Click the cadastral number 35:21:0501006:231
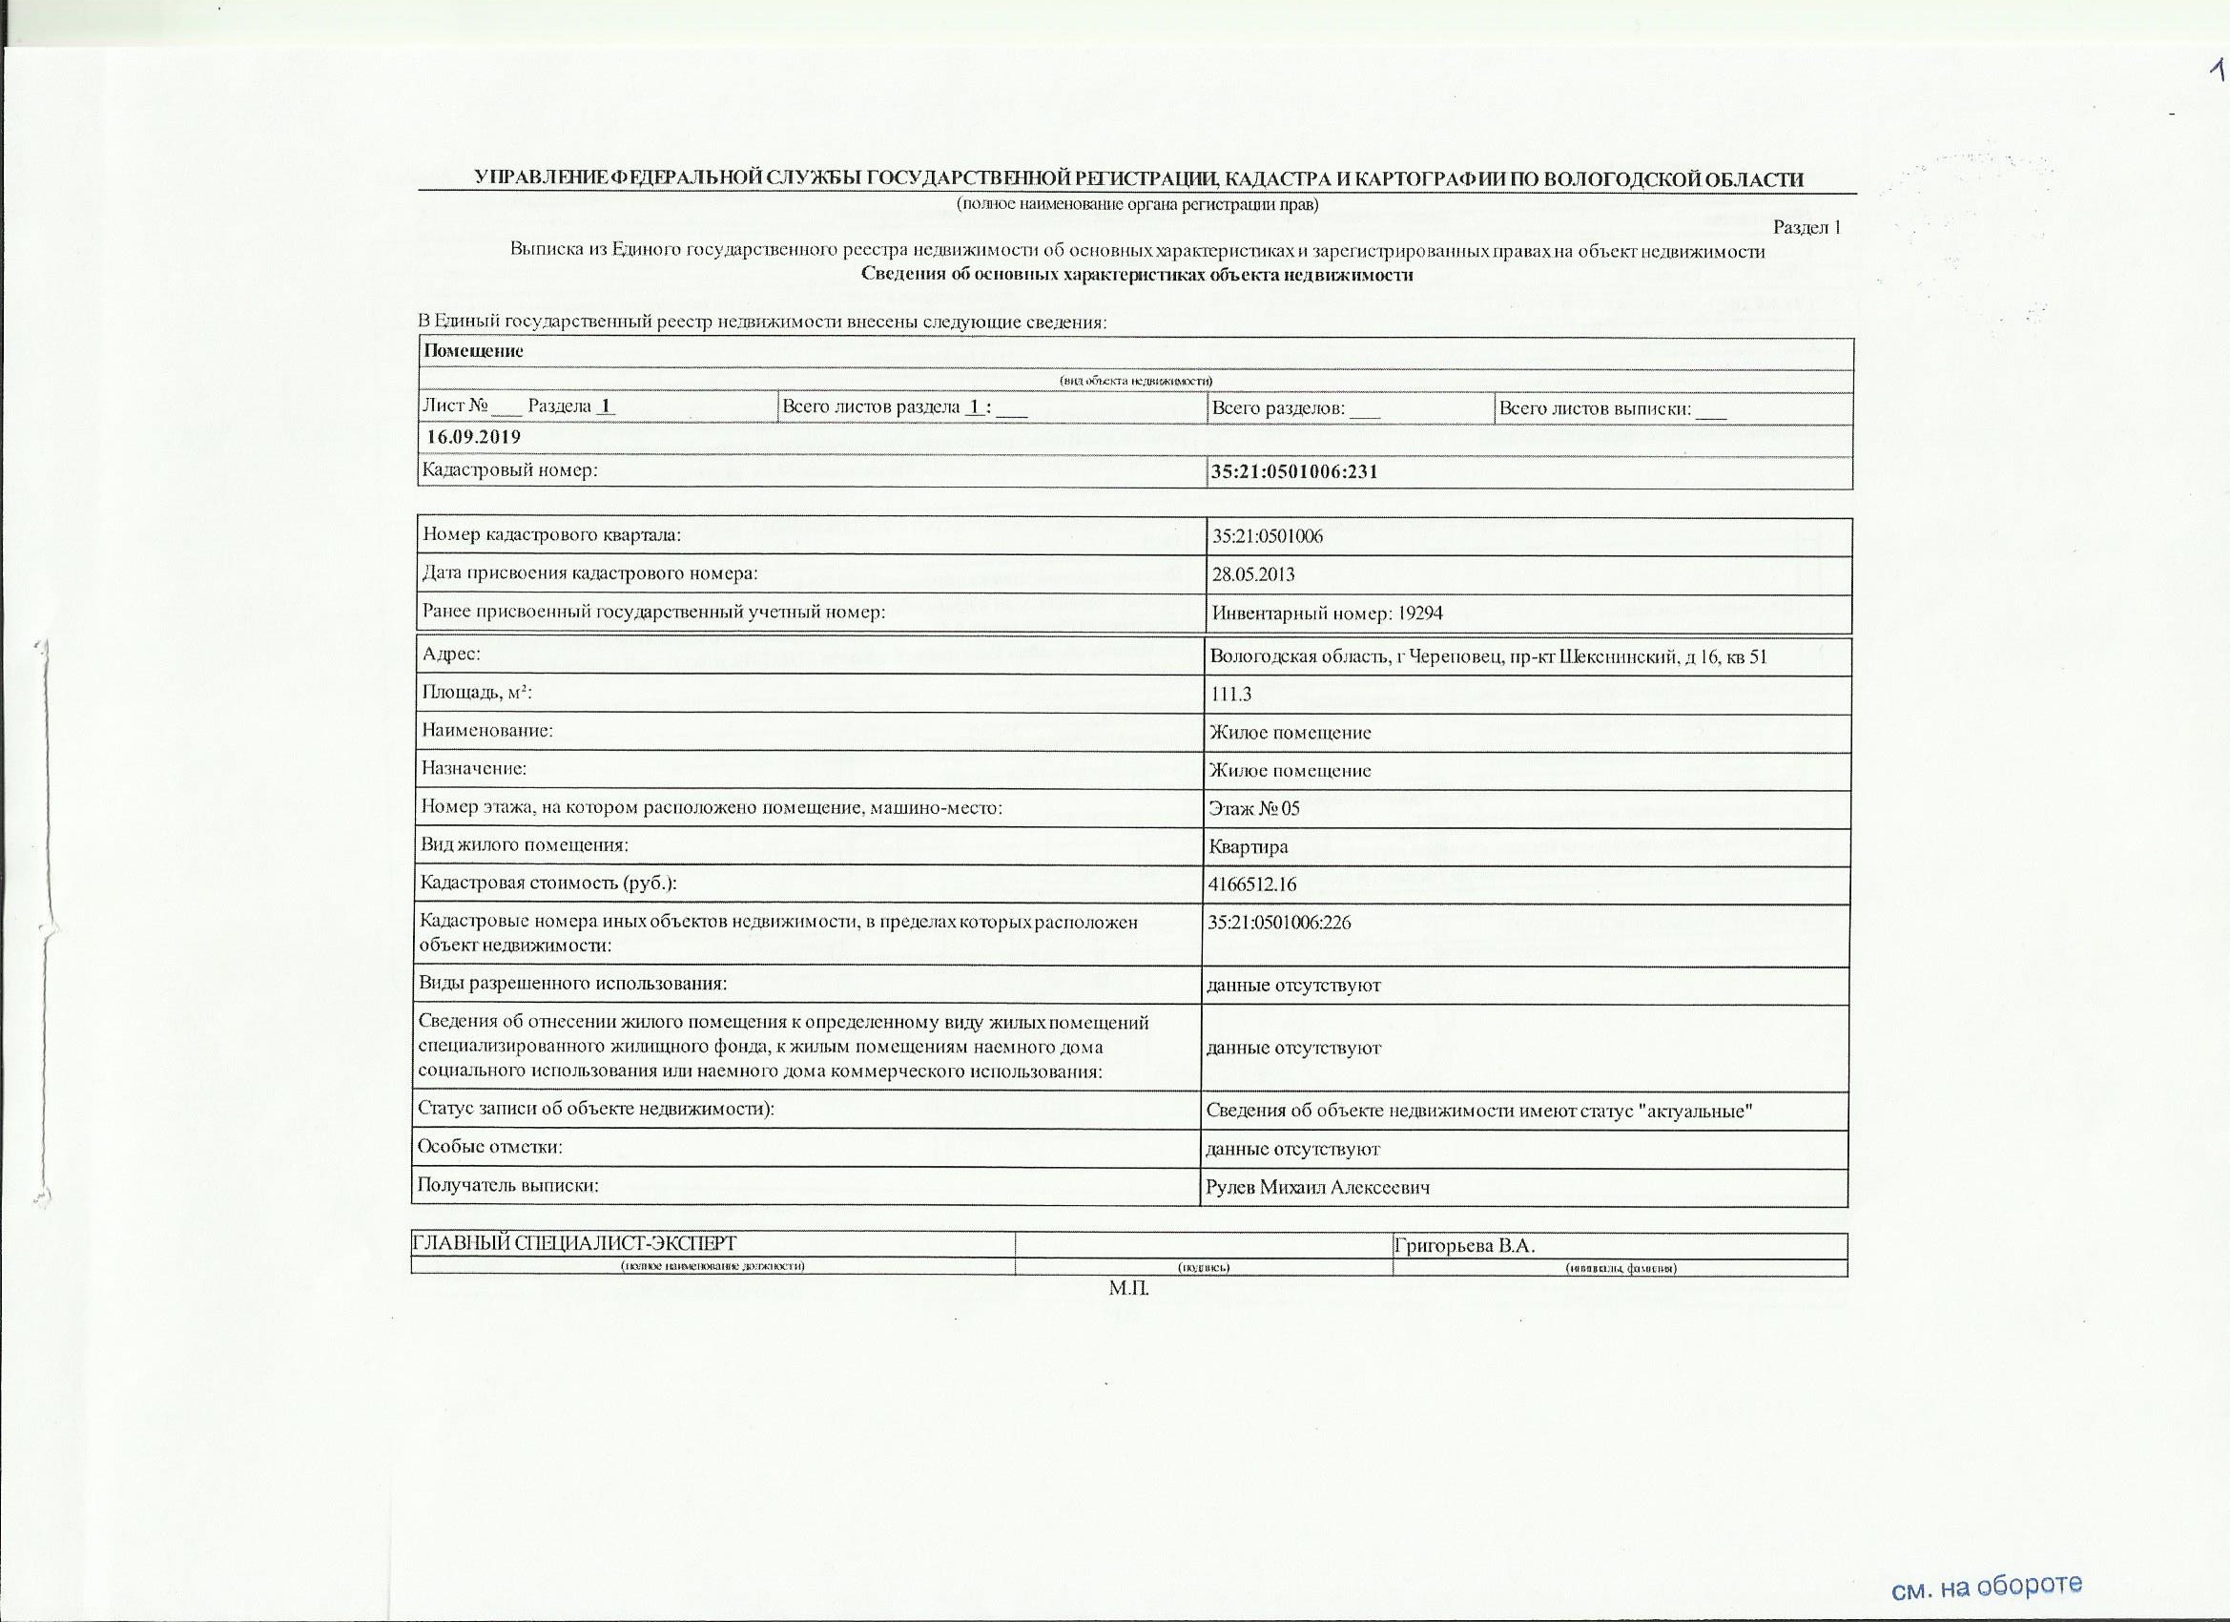(x=1294, y=472)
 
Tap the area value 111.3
(x=1230, y=695)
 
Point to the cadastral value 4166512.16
(x=1251, y=884)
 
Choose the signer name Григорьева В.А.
(x=1464, y=1245)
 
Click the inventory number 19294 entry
(x=1328, y=613)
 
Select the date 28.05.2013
(x=1252, y=574)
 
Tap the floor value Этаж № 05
(x=1253, y=808)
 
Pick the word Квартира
(x=1248, y=847)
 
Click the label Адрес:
(x=451, y=655)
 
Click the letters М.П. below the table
(x=1128, y=1289)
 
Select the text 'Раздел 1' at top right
(x=1807, y=228)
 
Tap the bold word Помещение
(x=473, y=351)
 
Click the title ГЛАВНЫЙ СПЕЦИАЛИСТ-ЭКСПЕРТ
(x=574, y=1245)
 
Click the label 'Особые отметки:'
(x=490, y=1147)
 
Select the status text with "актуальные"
(x=1479, y=1112)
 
